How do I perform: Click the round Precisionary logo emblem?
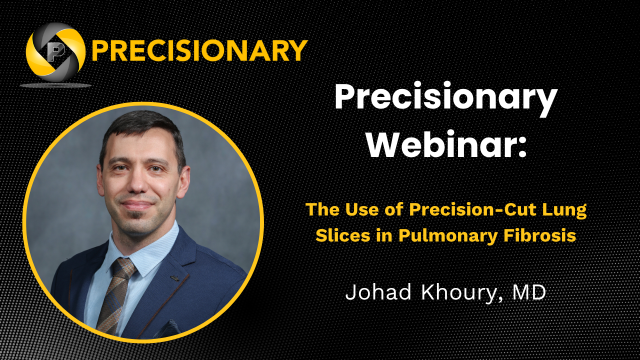[55, 52]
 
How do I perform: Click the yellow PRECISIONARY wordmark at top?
[199, 50]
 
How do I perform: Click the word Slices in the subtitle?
[343, 235]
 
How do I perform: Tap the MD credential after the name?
[529, 292]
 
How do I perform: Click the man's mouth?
[136, 204]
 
